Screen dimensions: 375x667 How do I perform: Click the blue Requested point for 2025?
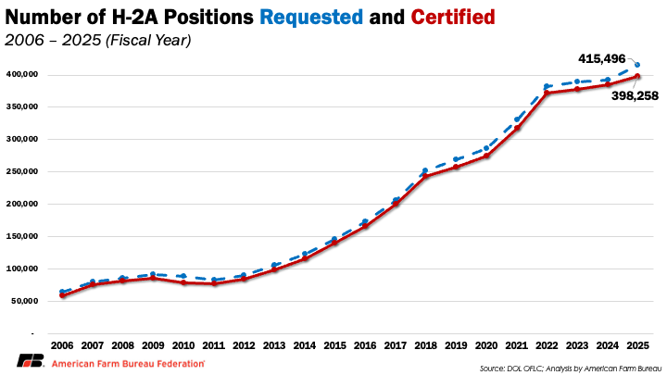(637, 65)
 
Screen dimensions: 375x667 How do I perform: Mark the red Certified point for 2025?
(637, 76)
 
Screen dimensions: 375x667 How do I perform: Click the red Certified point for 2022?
(547, 93)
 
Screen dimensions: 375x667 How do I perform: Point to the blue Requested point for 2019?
(455, 159)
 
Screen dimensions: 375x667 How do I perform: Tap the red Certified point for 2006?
(61, 295)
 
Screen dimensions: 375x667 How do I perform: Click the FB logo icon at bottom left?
(29, 362)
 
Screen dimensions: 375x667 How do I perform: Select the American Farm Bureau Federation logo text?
(128, 363)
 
